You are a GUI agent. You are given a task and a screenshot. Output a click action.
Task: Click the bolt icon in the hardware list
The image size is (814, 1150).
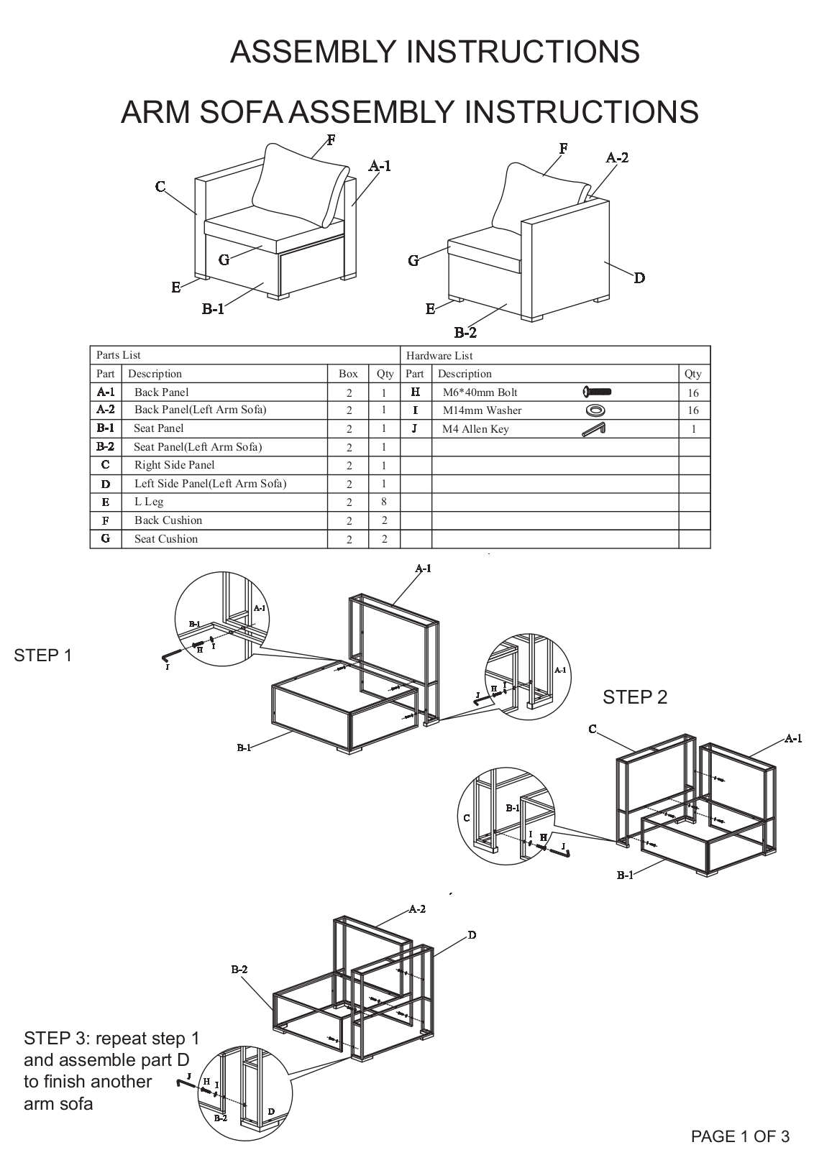597,392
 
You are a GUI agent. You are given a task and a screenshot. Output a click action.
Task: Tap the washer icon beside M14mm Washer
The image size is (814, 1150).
595,410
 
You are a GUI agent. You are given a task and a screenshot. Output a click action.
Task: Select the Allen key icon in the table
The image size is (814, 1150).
594,429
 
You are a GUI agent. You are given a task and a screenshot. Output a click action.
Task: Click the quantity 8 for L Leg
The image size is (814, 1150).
384,502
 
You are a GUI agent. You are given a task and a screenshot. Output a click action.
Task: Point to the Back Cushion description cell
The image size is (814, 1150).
168,520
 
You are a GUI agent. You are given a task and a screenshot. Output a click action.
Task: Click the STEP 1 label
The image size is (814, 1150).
43,655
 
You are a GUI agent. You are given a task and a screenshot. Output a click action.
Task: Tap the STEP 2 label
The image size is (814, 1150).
635,697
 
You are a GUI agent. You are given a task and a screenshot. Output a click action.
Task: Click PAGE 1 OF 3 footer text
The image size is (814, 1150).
740,1136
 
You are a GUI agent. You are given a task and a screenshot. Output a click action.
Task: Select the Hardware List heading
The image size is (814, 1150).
439,356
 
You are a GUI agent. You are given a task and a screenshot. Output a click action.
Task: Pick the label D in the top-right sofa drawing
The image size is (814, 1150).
639,278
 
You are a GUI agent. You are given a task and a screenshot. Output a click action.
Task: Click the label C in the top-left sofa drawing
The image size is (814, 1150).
160,188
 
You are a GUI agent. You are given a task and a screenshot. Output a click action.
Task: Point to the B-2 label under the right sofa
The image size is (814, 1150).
465,333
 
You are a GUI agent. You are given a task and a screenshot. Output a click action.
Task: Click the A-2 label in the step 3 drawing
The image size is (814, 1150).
417,909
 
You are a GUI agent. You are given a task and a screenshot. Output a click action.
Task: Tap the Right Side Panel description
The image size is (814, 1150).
174,465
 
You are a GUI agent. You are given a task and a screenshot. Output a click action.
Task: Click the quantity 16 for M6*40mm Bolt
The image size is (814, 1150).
692,393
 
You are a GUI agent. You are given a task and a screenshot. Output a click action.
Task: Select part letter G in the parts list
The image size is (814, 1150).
106,538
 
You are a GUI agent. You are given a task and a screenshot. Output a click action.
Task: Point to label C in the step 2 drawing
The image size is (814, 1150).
592,730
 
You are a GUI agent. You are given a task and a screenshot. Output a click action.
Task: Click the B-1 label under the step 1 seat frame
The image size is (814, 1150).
244,748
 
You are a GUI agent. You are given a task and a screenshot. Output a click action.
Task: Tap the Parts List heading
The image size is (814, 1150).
119,355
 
